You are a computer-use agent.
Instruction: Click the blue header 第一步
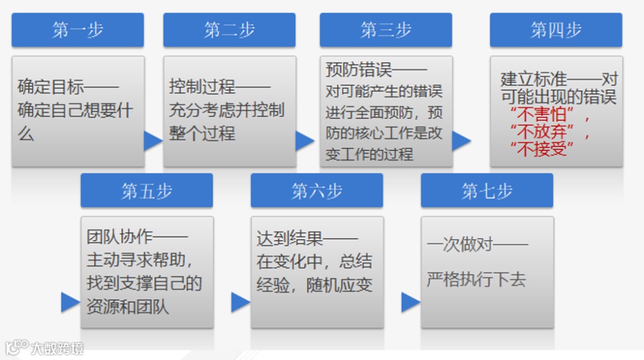[78, 30]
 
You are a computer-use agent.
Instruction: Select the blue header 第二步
[230, 30]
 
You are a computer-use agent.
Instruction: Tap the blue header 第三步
[386, 30]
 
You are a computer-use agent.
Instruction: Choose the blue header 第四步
[556, 30]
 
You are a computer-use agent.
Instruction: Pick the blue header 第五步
[147, 191]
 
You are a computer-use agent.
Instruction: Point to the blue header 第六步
[317, 191]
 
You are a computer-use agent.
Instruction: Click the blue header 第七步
[487, 191]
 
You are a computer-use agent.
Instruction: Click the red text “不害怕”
[541, 114]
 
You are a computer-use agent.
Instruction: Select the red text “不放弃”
[541, 131]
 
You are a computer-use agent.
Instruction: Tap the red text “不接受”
[541, 148]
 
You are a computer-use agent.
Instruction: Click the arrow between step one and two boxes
[153, 141]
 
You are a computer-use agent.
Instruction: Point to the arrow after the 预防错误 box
[461, 141]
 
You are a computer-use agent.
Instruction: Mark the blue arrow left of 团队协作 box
[70, 302]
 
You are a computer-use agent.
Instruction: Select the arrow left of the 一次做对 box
[410, 302]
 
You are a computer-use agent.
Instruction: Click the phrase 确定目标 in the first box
[51, 87]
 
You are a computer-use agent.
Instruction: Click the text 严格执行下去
[476, 280]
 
